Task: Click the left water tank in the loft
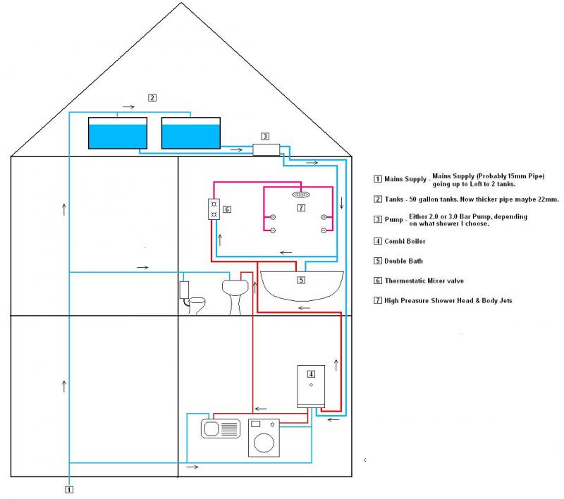(118, 133)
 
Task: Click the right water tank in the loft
(191, 133)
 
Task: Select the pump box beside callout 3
(266, 149)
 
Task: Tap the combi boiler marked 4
(311, 386)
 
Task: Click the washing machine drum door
(264, 443)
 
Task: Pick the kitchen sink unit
(221, 429)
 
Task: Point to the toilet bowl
(197, 305)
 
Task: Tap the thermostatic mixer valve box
(214, 209)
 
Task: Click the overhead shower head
(301, 195)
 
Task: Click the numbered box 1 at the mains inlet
(69, 490)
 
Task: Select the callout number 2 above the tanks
(152, 98)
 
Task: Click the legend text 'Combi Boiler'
(405, 241)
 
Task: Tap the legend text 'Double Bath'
(403, 261)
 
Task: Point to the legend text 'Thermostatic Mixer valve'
(424, 281)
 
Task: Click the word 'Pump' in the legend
(393, 220)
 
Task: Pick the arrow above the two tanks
(128, 106)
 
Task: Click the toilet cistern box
(184, 290)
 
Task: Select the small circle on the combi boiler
(311, 385)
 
